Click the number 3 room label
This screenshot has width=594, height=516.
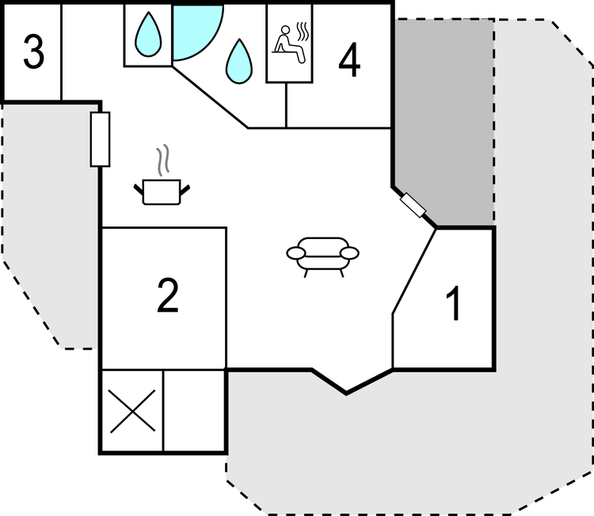tap(34, 52)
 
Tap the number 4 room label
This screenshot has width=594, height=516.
tap(349, 60)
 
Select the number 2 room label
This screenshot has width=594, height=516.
tap(168, 296)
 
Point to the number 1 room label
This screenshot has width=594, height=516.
tap(453, 304)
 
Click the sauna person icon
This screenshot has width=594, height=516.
tap(288, 44)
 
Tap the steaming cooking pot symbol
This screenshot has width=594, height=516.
tap(162, 175)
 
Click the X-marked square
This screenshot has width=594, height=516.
tap(132, 411)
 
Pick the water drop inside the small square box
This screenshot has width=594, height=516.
tap(149, 35)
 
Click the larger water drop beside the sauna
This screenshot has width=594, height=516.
tap(239, 61)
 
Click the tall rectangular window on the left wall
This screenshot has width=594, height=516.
tap(100, 139)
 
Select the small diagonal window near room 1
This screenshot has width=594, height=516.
tap(413, 205)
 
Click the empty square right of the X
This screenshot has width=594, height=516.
tap(194, 411)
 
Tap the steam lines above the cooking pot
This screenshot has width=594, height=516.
tap(163, 160)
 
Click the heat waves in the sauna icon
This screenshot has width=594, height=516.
tap(303, 32)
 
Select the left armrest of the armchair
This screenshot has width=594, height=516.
tap(296, 253)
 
